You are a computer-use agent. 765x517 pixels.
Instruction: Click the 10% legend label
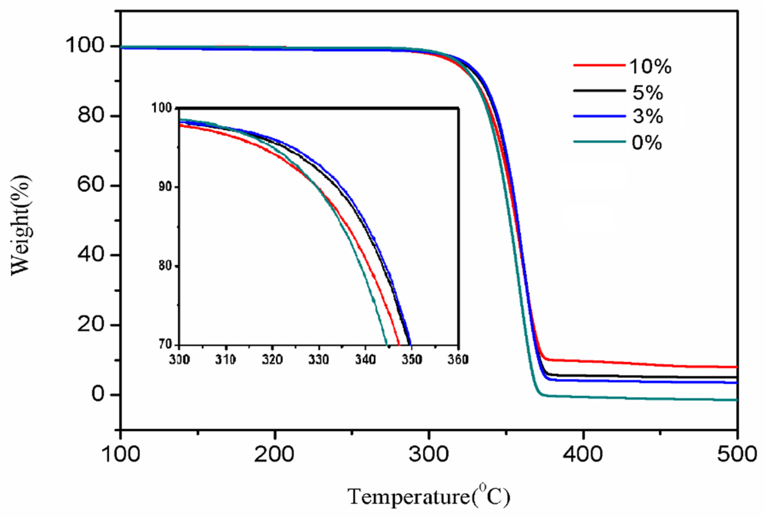(x=650, y=67)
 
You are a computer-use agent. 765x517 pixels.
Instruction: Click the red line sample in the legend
(x=599, y=65)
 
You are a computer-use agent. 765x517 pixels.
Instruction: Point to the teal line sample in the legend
(x=599, y=142)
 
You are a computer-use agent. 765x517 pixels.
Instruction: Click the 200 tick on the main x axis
(x=274, y=454)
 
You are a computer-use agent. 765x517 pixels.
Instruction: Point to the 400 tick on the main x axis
(x=583, y=454)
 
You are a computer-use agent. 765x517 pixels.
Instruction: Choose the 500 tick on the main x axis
(x=737, y=454)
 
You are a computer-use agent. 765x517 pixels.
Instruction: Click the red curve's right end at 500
(x=736, y=367)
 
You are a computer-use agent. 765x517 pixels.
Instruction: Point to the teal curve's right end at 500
(x=736, y=400)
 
